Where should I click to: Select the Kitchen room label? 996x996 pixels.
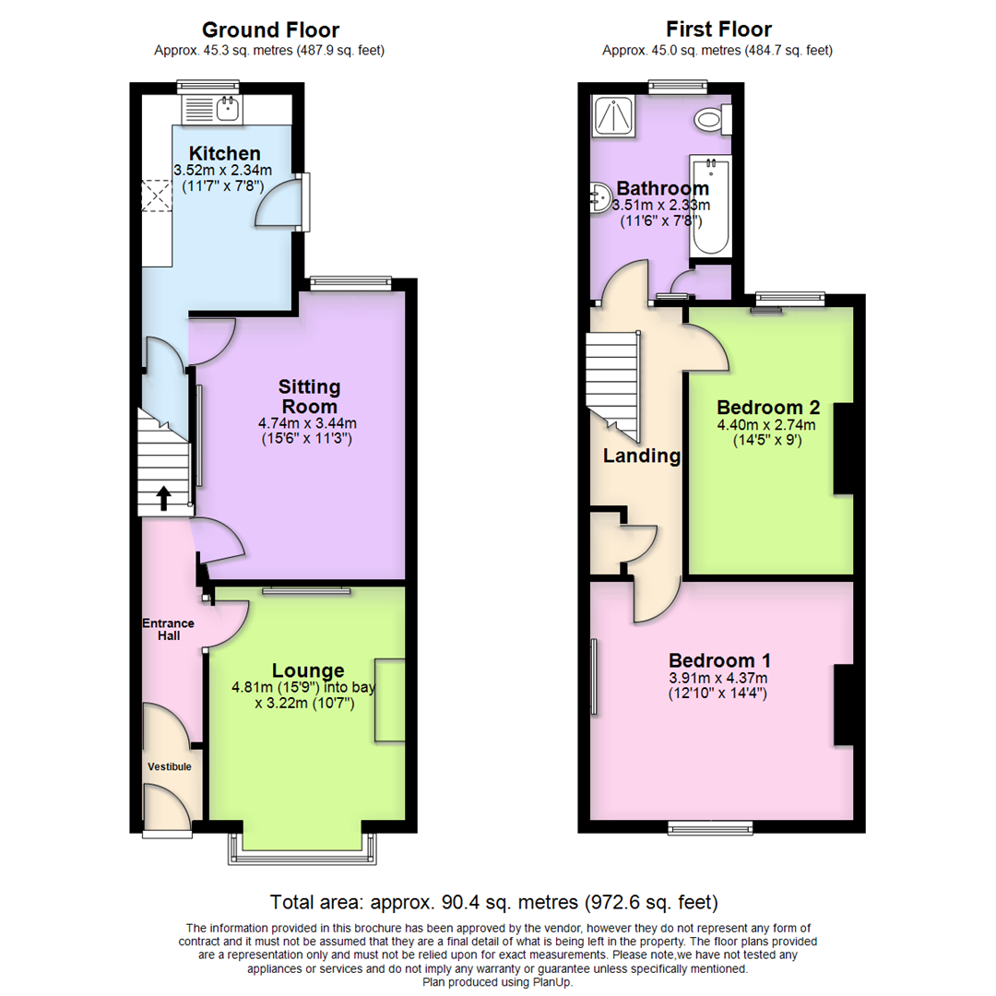tap(224, 153)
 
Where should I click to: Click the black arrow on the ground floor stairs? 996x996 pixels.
tap(164, 499)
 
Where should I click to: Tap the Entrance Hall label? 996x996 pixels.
tap(168, 629)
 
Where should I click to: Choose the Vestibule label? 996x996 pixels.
tap(170, 766)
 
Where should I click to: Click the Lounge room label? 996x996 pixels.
tap(308, 670)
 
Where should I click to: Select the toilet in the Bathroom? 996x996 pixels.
tap(711, 118)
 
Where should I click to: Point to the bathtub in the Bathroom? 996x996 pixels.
tap(711, 207)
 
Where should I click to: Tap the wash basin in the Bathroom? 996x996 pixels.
tap(599, 196)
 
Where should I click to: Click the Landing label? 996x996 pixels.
tap(642, 456)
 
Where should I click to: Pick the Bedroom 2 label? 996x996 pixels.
tap(768, 408)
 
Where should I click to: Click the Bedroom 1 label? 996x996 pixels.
tap(720, 660)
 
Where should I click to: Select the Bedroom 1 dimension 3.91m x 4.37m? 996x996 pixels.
tap(720, 678)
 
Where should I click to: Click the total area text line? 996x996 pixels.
tap(493, 901)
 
